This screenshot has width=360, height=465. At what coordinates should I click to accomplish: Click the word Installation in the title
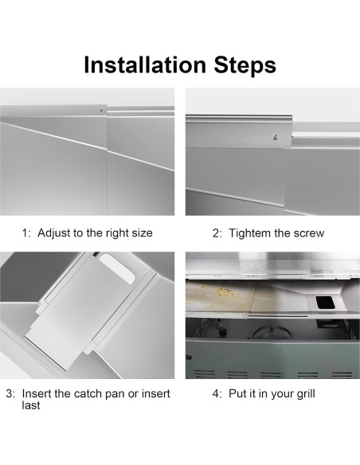[145, 64]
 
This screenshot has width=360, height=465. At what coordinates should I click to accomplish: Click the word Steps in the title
[245, 66]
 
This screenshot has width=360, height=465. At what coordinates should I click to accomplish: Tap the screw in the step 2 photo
[276, 137]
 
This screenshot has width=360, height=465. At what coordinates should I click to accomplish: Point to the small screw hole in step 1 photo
[101, 111]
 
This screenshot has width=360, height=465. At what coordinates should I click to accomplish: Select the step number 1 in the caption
[25, 233]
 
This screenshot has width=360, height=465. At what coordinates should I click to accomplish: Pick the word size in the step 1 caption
[142, 233]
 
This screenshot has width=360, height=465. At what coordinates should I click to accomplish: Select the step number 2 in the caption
[216, 233]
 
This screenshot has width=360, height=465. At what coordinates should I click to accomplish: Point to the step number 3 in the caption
[10, 394]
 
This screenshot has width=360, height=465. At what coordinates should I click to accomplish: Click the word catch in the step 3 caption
[85, 394]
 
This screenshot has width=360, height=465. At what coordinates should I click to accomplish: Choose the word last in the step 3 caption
[31, 405]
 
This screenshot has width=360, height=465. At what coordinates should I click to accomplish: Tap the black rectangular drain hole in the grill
[325, 303]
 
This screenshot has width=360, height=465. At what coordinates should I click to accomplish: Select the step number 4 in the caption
[216, 394]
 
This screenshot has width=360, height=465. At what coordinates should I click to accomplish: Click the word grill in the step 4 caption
[305, 394]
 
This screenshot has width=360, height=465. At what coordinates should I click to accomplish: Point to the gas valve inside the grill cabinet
[220, 327]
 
